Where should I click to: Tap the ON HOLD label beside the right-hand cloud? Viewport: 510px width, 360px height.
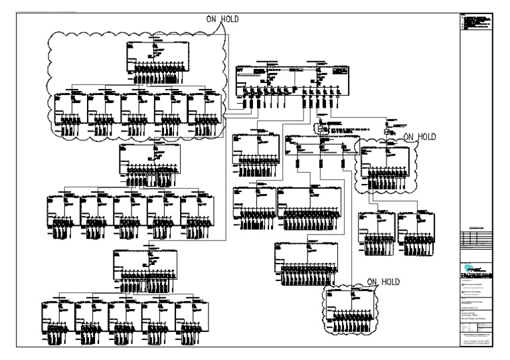pos(420,137)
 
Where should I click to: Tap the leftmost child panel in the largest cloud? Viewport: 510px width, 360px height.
pos(70,109)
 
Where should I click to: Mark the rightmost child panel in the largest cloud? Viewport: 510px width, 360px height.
pos(204,109)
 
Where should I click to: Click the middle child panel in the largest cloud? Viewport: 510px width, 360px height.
pos(137,109)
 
